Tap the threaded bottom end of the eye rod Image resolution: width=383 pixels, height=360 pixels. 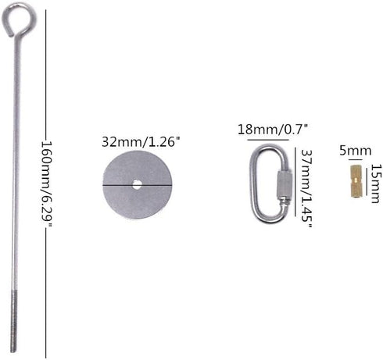tap(14, 322)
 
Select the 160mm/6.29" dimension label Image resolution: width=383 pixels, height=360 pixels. tap(46, 184)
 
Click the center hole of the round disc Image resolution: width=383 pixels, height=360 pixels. tap(137, 185)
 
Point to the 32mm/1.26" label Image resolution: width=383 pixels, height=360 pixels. tap(141, 141)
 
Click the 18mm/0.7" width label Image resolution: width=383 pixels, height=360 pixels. tap(273, 130)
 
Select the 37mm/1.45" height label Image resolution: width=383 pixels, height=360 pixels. tap(306, 188)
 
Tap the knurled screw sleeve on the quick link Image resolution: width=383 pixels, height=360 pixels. tap(284, 184)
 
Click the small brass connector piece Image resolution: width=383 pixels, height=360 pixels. tap(355, 181)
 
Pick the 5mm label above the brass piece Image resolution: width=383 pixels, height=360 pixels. tap(355, 151)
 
